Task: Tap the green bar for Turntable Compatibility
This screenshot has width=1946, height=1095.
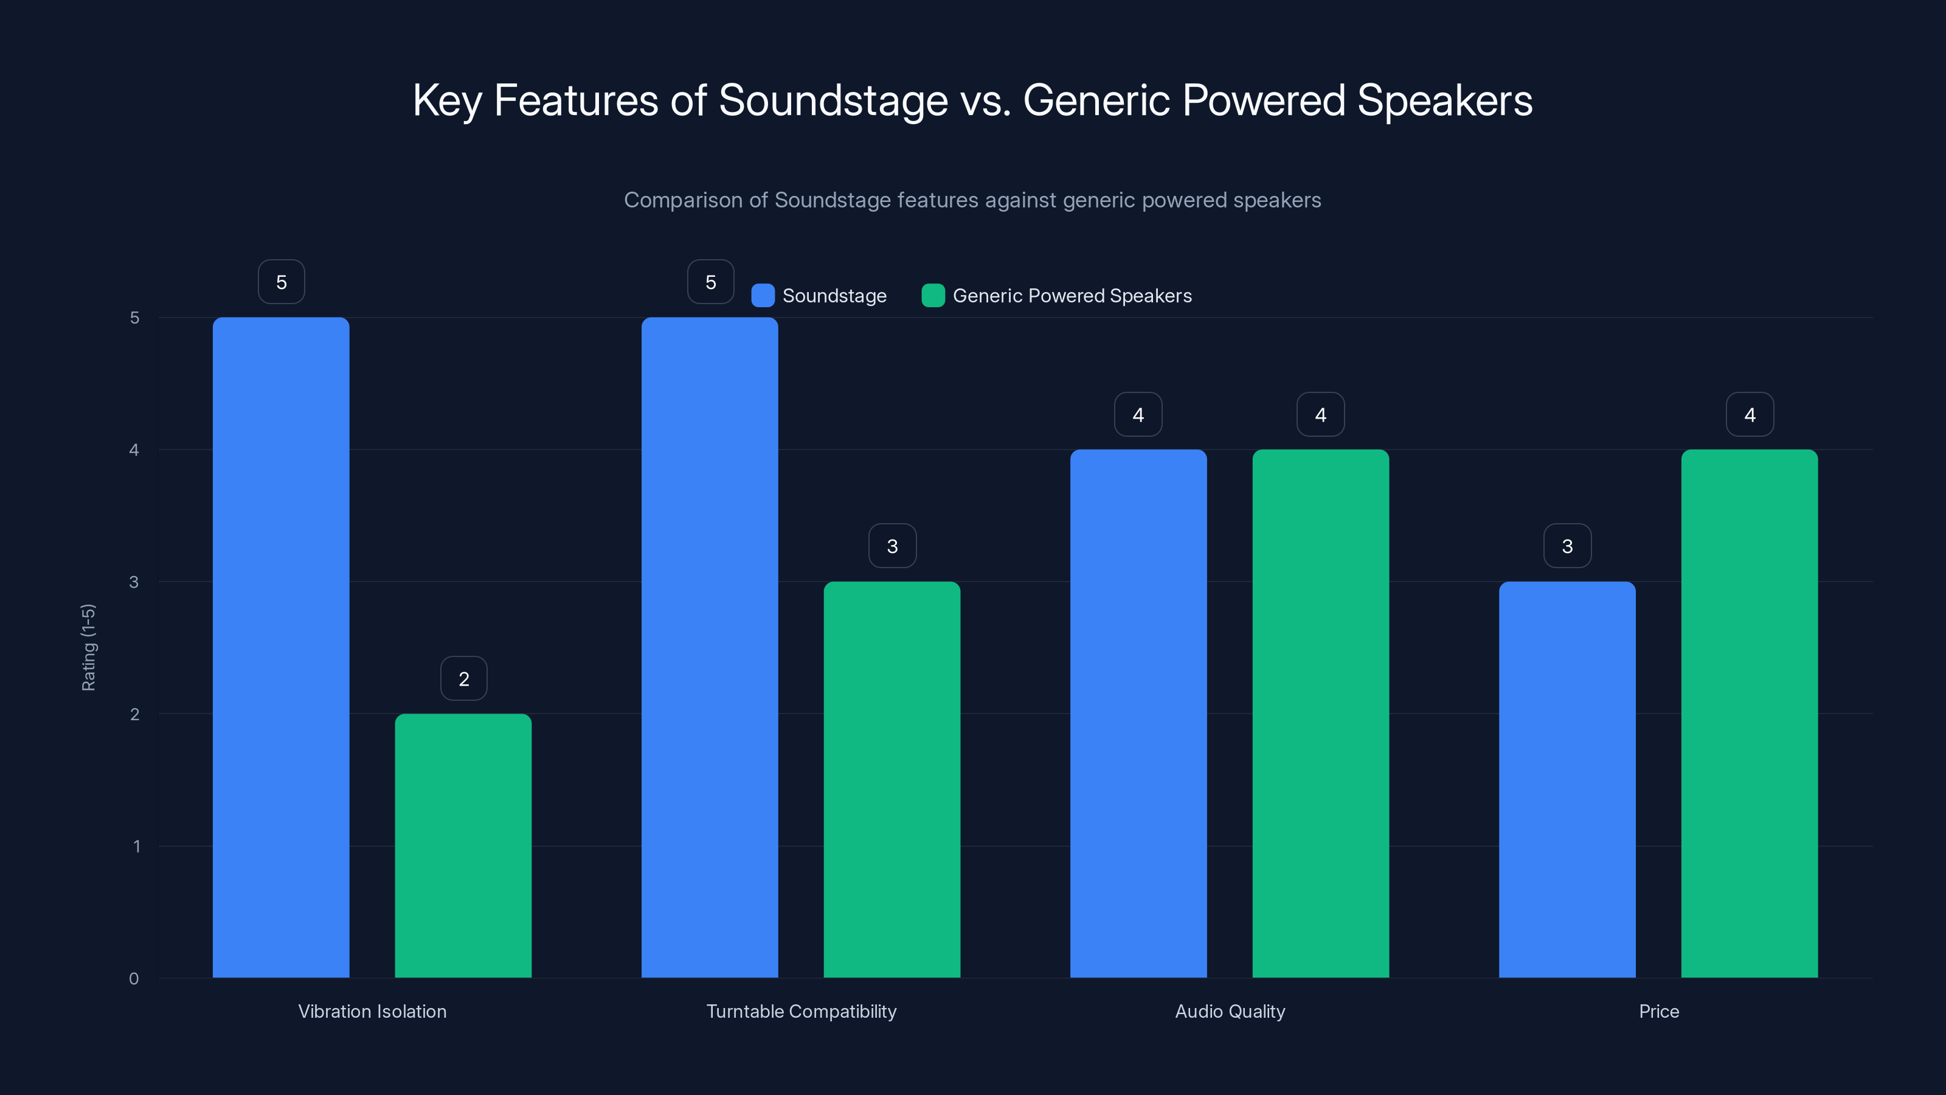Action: coord(892,779)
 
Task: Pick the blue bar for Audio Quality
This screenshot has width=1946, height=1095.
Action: coord(1138,714)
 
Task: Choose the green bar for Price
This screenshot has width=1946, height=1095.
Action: coord(1749,714)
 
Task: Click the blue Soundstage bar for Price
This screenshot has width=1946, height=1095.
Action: coord(1567,779)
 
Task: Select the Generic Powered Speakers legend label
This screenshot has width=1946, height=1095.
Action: coord(1072,296)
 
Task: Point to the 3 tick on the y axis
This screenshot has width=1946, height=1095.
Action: coord(134,582)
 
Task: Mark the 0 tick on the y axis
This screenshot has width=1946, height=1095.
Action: coord(134,979)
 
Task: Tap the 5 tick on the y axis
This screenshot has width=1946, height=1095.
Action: coord(134,318)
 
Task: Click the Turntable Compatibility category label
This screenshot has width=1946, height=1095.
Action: coord(801,1011)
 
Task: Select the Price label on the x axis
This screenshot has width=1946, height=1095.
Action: coord(1659,1011)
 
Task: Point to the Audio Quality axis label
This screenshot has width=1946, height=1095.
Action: coord(1230,1011)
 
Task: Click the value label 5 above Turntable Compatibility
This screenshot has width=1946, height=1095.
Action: coord(710,282)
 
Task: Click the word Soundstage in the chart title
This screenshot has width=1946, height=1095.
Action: coord(833,100)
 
